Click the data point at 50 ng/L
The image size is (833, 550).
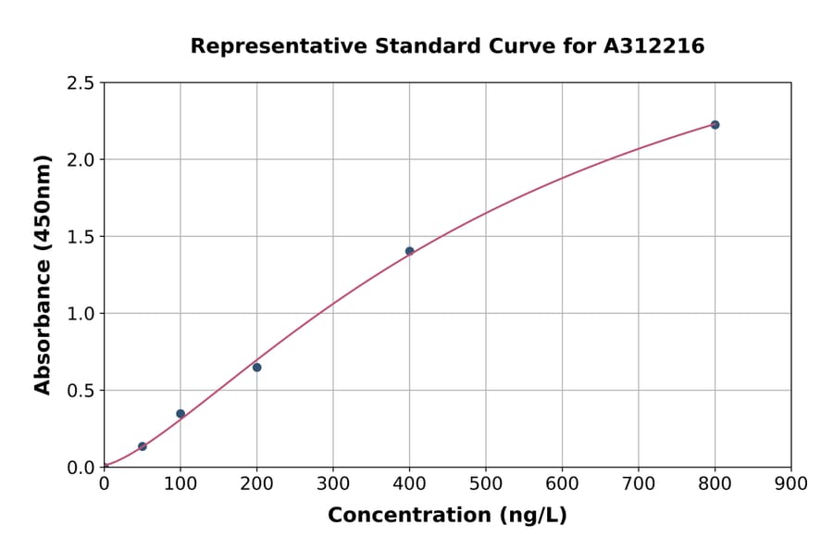[143, 446]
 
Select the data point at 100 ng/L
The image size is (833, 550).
[180, 414]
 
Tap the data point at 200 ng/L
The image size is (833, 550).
[256, 368]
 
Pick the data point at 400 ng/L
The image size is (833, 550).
[409, 251]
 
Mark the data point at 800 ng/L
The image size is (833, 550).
[715, 125]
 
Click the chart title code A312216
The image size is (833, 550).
[654, 45]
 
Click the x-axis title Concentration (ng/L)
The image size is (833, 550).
[447, 516]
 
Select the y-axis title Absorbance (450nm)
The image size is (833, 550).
[43, 274]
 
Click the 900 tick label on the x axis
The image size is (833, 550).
[790, 483]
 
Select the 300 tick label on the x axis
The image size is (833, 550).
[333, 483]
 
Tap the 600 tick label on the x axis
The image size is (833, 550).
[562, 483]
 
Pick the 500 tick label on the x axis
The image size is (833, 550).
[486, 483]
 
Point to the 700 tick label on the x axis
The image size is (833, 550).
[639, 483]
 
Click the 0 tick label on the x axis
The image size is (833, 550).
[104, 483]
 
